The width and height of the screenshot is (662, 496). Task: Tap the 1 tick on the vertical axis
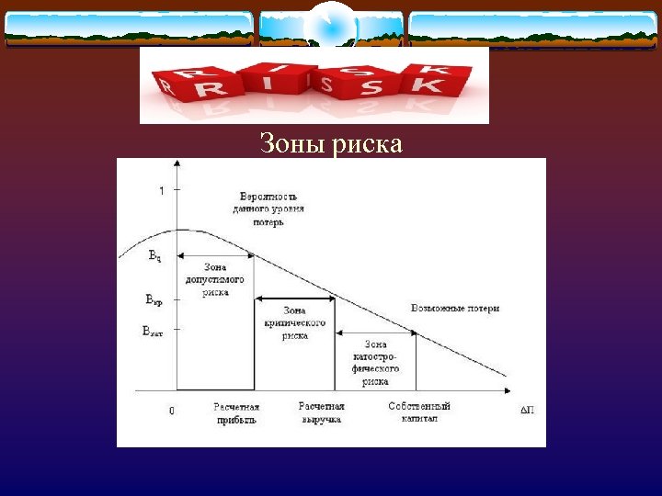coord(162,191)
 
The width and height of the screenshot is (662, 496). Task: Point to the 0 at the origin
coord(171,411)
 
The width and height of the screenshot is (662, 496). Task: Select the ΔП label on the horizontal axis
coord(527,411)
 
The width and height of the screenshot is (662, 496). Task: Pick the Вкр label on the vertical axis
coord(154,299)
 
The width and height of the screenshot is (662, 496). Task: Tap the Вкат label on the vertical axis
coord(153,330)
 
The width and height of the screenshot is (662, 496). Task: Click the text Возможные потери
coord(455,308)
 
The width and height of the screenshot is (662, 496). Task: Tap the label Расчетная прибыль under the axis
coord(236,412)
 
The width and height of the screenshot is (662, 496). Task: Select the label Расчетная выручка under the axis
coord(321,412)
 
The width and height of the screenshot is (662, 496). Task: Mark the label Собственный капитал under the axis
coord(419,412)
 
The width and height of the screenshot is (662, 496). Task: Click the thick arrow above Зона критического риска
coord(294,299)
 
